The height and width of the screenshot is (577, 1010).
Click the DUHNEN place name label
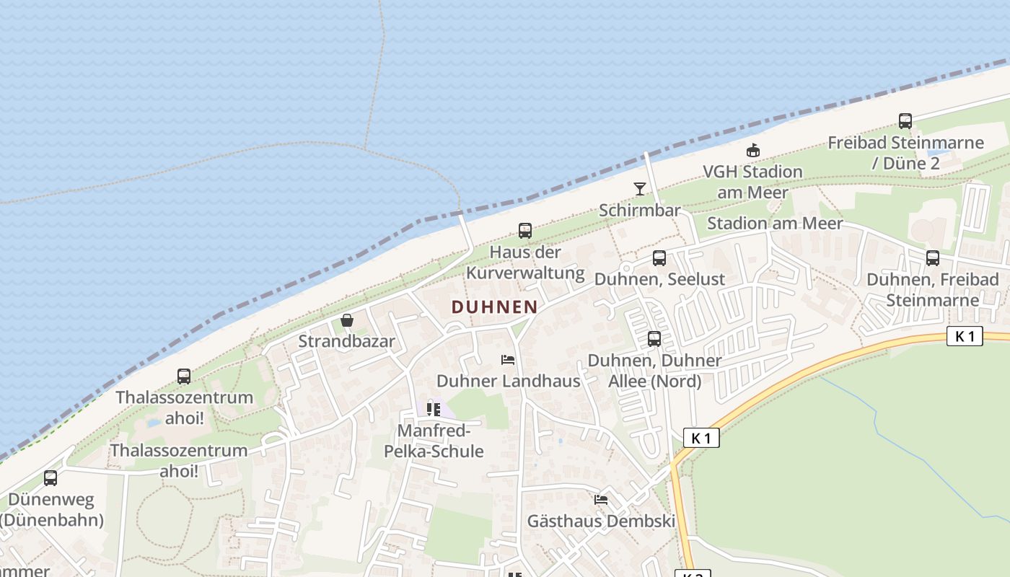pyautogui.click(x=494, y=307)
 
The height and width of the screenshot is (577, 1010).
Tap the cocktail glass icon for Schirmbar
pyautogui.click(x=640, y=189)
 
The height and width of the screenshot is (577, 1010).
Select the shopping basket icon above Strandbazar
pyautogui.click(x=347, y=320)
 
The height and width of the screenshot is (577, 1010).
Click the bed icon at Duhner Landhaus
pyautogui.click(x=508, y=359)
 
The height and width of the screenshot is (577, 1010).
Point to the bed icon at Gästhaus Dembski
pyautogui.click(x=601, y=500)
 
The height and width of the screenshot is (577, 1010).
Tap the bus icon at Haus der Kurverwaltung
pyautogui.click(x=525, y=231)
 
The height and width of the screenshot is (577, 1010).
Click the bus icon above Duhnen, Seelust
pyautogui.click(x=659, y=258)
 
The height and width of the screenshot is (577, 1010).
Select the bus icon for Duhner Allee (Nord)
pyautogui.click(x=654, y=339)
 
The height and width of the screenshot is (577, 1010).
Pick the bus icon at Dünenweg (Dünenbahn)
pyautogui.click(x=50, y=478)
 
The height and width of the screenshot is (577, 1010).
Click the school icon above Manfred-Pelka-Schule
pyautogui.click(x=434, y=410)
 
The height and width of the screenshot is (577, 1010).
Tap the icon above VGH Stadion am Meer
pyautogui.click(x=752, y=151)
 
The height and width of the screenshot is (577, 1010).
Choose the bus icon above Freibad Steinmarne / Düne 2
pyautogui.click(x=905, y=121)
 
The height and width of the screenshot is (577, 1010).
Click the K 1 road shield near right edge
pyautogui.click(x=965, y=336)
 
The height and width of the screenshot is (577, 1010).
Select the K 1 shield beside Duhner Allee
pyautogui.click(x=701, y=438)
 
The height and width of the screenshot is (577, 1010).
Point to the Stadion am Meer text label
pyautogui.click(x=774, y=224)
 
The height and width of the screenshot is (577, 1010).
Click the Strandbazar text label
pyautogui.click(x=347, y=341)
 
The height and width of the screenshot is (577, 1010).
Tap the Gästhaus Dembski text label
pyautogui.click(x=601, y=521)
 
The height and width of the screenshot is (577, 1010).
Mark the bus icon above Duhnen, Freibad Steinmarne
pyautogui.click(x=933, y=258)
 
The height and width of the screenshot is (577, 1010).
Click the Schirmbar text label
pyautogui.click(x=640, y=211)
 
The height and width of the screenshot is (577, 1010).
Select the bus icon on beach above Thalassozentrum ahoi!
pyautogui.click(x=184, y=376)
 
